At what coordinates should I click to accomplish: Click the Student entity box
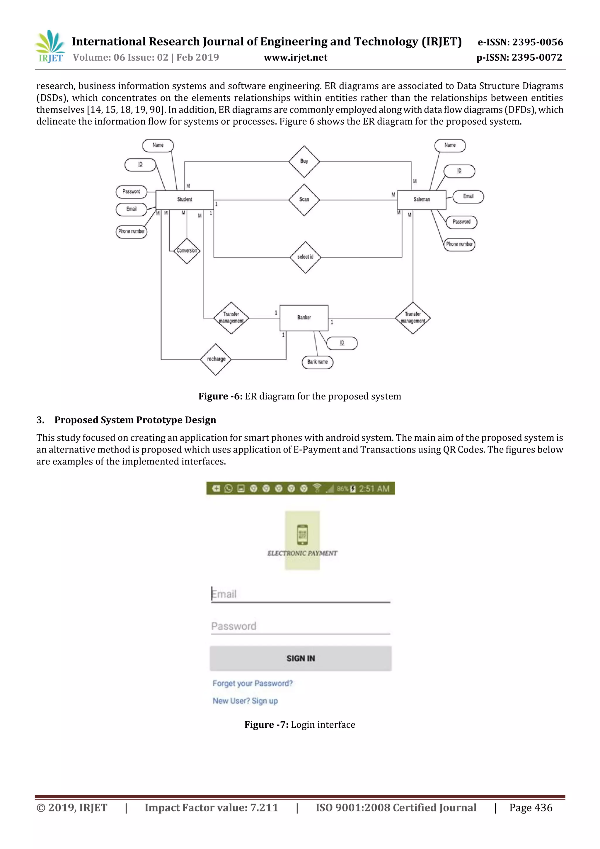coord(185,200)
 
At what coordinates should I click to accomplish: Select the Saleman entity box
coord(422,200)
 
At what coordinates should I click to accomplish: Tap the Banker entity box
coord(304,318)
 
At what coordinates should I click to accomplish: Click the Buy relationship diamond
coord(304,161)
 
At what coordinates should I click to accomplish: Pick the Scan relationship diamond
coord(304,200)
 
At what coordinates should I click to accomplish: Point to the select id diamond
coord(305,257)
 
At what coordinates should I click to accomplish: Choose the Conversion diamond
coord(187,251)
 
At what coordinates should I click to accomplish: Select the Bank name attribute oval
coord(318,362)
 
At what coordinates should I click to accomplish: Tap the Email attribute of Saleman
coord(468,196)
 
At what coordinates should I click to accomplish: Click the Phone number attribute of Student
coord(131,232)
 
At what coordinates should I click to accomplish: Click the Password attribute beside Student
coord(131,192)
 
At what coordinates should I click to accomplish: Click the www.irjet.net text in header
coord(295,58)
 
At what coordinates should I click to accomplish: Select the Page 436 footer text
coord(531,808)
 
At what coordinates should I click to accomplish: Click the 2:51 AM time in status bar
coord(374,489)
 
